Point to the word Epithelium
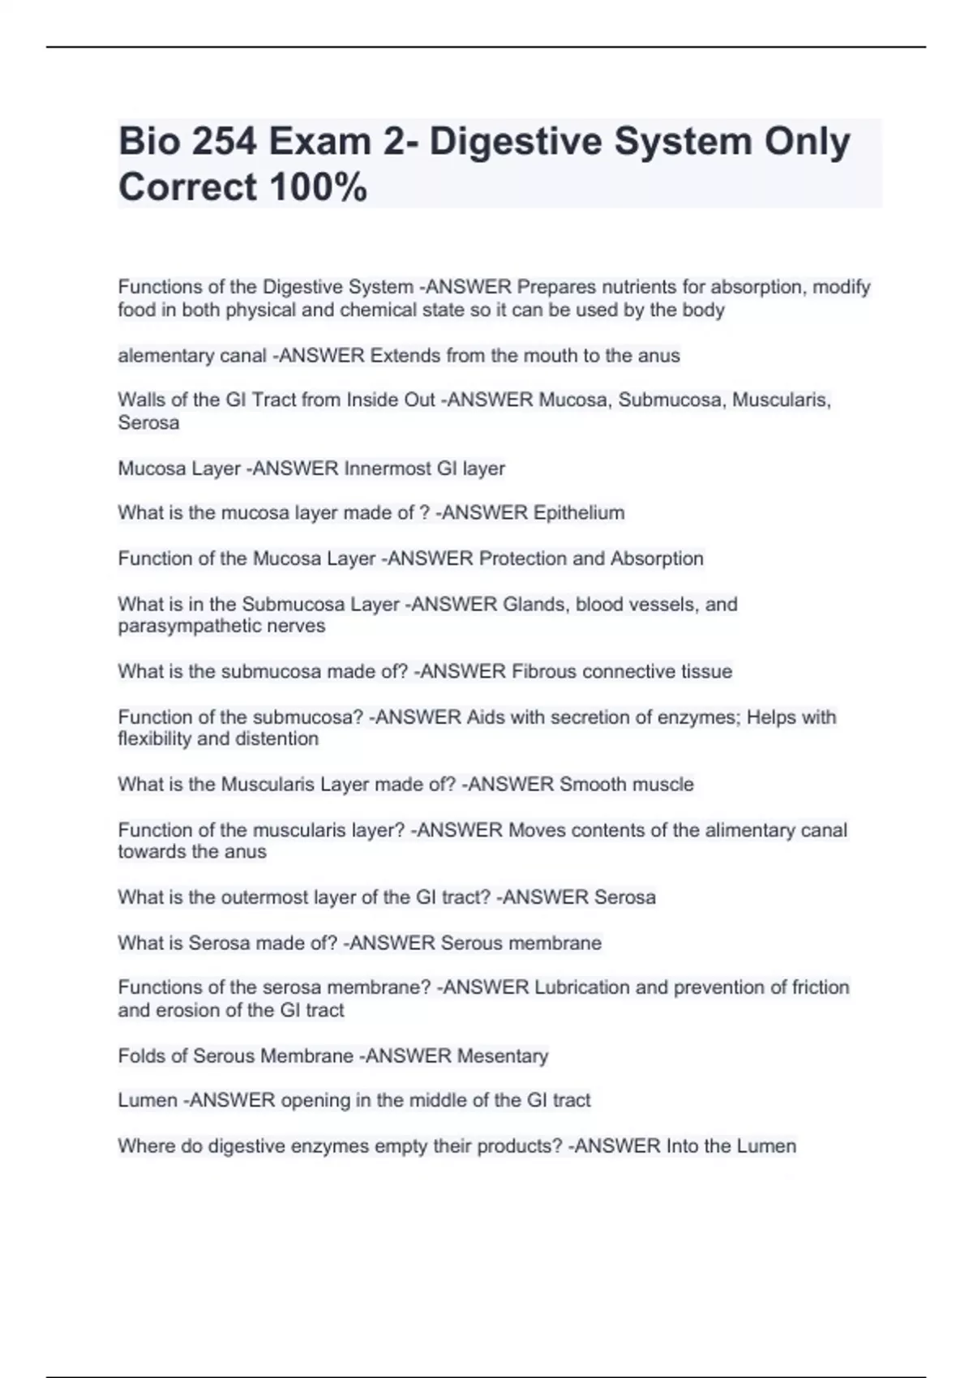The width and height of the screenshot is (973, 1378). [x=578, y=513]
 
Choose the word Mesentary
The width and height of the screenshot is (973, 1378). [x=503, y=1056]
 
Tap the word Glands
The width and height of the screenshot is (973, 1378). [x=535, y=605]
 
